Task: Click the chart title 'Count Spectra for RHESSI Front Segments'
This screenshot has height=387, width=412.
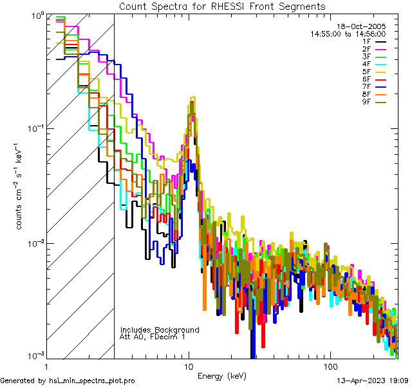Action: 222,6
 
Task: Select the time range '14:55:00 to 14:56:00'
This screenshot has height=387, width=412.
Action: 348,34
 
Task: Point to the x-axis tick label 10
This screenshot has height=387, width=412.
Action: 188,366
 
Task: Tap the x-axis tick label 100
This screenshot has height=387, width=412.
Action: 330,366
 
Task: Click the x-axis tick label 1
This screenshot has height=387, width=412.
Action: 46,366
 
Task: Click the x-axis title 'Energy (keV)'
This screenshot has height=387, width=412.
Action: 222,375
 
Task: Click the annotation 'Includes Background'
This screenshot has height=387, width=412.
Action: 160,330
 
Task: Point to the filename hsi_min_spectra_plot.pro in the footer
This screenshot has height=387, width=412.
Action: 92,381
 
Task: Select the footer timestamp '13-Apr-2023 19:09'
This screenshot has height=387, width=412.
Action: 372,381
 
